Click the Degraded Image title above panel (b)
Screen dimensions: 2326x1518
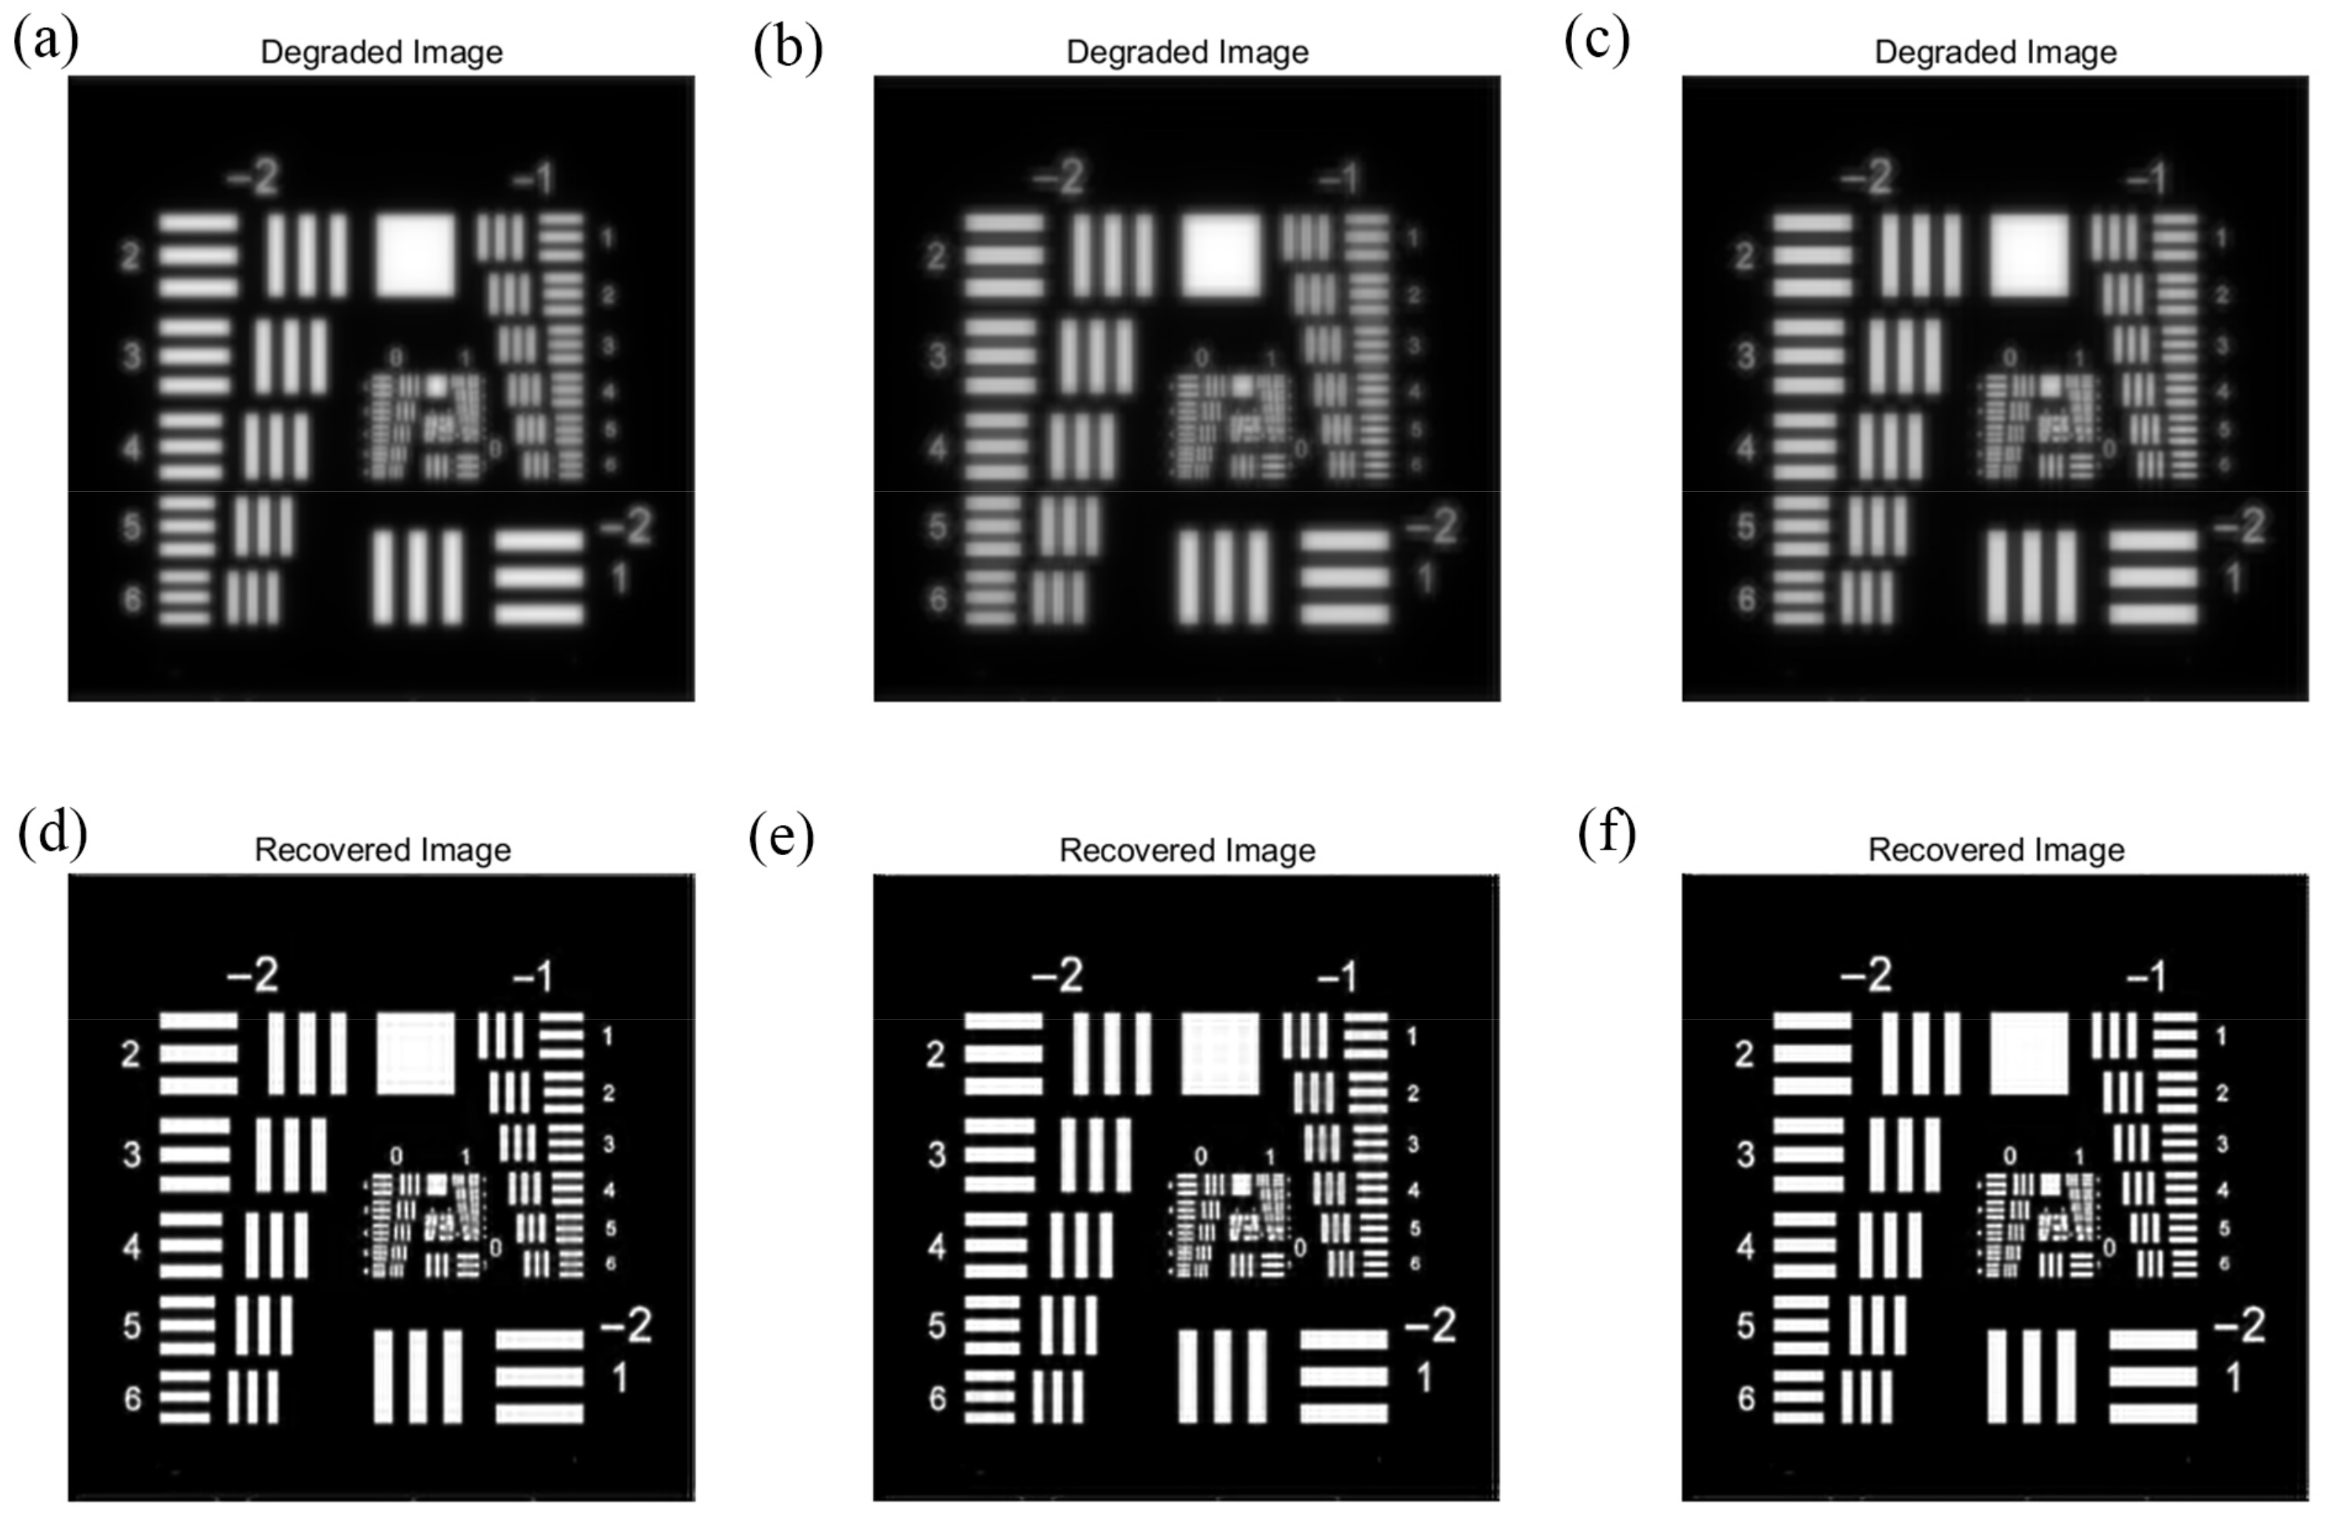click(x=1187, y=53)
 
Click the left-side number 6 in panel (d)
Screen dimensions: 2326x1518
click(x=132, y=1400)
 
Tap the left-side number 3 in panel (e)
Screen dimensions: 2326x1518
click(x=937, y=1156)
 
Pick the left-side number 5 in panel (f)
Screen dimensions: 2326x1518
click(x=1745, y=1326)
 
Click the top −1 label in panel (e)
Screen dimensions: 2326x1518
click(x=1337, y=976)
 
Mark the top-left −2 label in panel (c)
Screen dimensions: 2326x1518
click(x=1867, y=178)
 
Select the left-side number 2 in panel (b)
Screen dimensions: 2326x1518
click(x=937, y=257)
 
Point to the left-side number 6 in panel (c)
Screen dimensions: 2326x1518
click(x=1745, y=599)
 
